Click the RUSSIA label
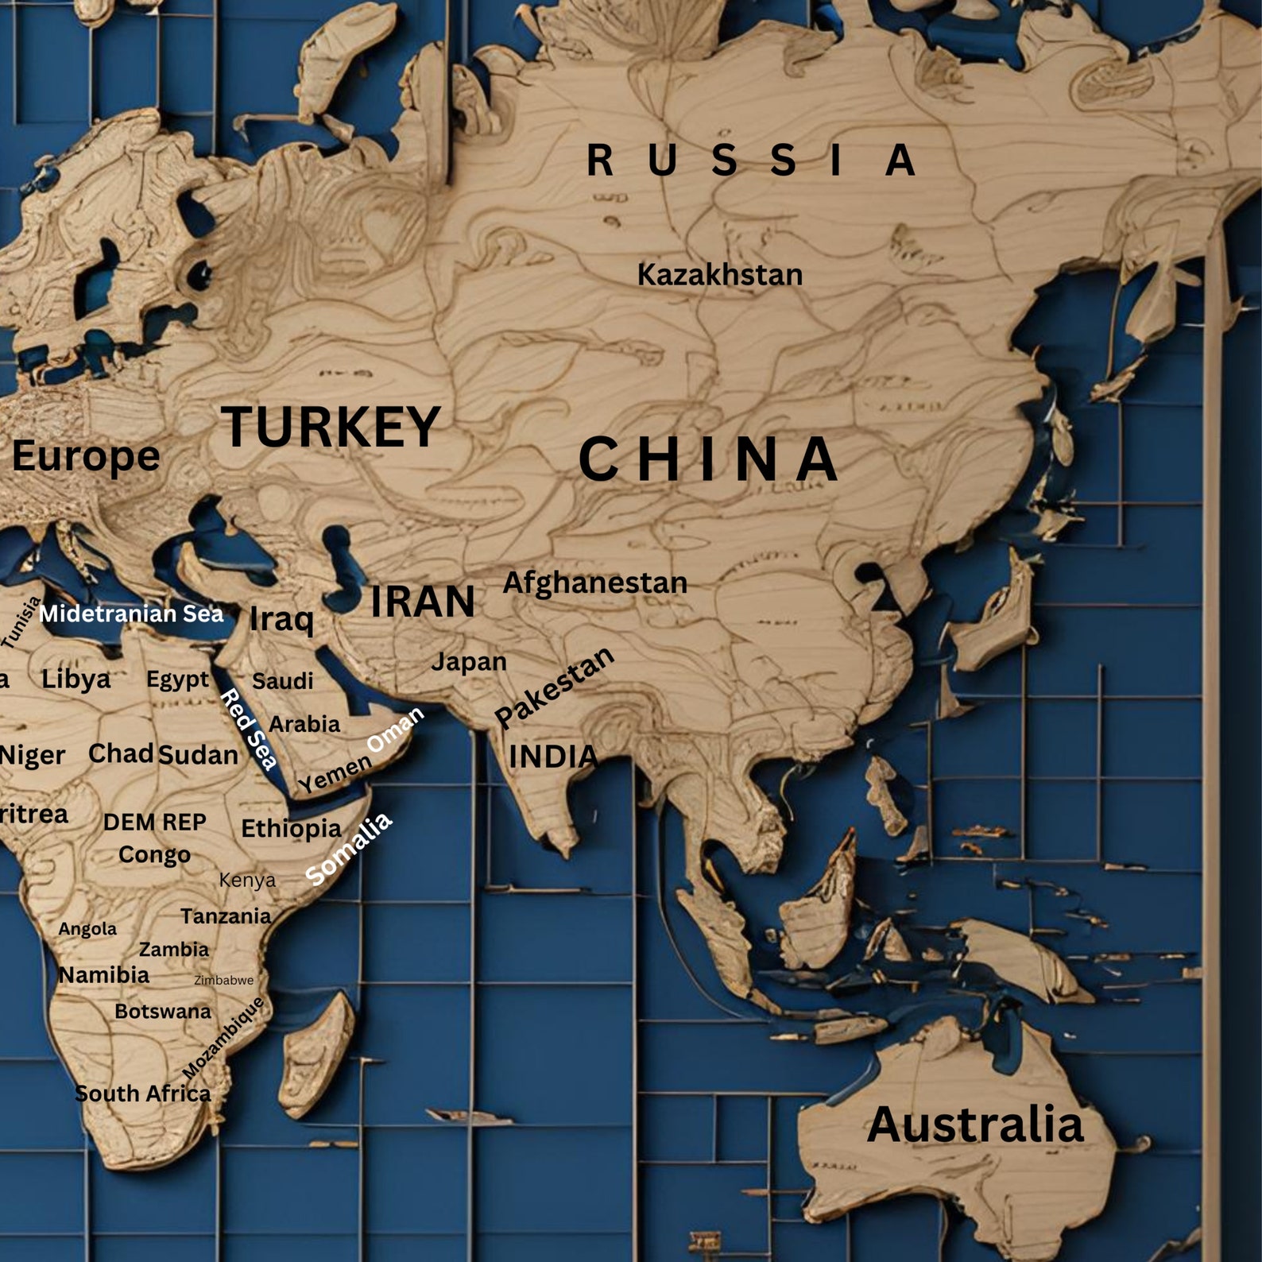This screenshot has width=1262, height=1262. coord(751,160)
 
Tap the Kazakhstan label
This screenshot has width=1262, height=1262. coord(720,275)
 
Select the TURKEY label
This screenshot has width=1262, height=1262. coord(331,427)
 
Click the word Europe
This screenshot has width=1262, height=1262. coord(86,456)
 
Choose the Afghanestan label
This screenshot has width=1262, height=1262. coord(594,583)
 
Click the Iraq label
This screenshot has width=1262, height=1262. coord(281,619)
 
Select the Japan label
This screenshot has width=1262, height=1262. coord(468,661)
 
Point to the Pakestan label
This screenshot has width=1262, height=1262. coord(555,687)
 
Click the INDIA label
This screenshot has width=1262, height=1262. coord(553,757)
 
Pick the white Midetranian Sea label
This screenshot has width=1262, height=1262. coord(132,614)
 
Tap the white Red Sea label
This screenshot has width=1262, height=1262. coord(249,730)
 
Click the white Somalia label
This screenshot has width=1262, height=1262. coord(349,848)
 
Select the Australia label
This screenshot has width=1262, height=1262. coord(975,1125)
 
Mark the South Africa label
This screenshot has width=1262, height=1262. coord(143,1094)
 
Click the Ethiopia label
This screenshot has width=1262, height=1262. coord(291,829)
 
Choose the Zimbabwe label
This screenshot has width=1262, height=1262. coord(224,981)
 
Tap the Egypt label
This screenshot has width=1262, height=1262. coord(177,679)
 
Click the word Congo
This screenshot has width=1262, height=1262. coord(154,855)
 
